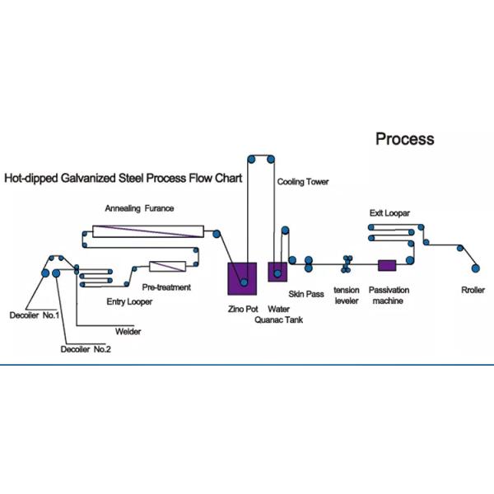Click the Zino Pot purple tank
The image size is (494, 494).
tap(242, 278)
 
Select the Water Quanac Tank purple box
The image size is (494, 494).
tap(277, 272)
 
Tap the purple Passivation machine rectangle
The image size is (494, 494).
tap(387, 265)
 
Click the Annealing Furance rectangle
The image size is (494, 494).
tap(148, 231)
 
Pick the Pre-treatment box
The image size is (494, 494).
tap(167, 266)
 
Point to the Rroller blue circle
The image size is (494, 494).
tap(475, 268)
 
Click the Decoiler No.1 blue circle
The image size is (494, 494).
tap(45, 273)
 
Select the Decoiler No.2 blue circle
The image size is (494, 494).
tap(56, 273)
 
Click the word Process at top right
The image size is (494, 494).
tap(405, 139)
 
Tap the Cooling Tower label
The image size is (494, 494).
tap(303, 182)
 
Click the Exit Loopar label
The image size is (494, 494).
tap(389, 213)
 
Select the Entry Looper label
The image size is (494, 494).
tap(129, 302)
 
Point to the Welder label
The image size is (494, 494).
tap(128, 332)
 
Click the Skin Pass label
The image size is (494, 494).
tap(306, 294)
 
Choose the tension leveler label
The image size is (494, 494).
tap(347, 296)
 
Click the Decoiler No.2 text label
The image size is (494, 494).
tap(86, 349)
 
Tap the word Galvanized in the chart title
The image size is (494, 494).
tap(89, 178)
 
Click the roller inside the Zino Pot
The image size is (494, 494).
tap(244, 282)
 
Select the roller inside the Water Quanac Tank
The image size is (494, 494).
tap(277, 273)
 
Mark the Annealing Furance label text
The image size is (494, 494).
tap(139, 208)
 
